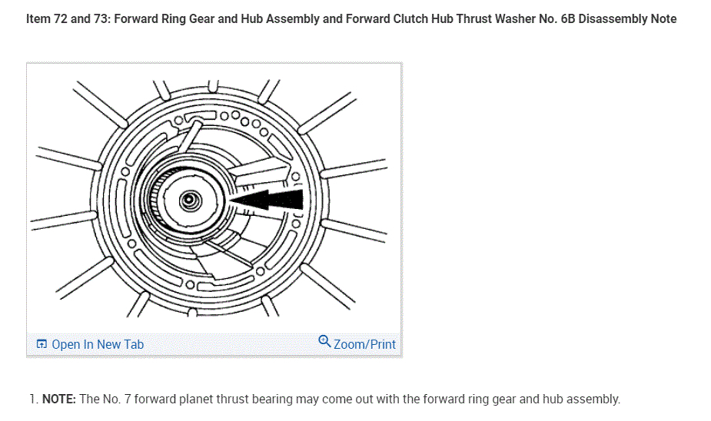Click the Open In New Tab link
97,344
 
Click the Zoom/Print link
364,344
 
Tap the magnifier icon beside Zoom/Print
325,343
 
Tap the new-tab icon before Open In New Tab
42,344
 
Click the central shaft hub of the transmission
188,201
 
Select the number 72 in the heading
61,18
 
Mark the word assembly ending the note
594,399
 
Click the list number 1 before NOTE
32,399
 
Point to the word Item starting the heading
38,18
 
